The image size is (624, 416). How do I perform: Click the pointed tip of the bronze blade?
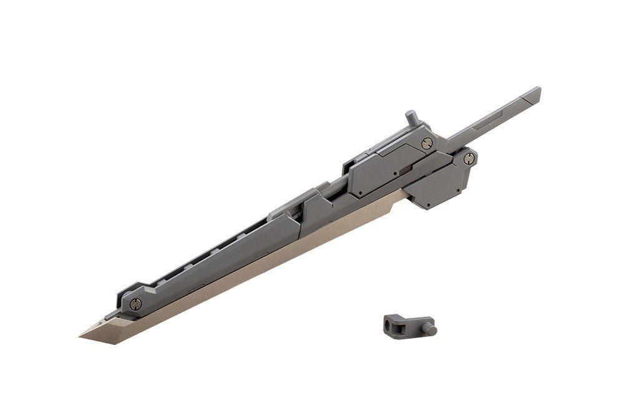pyautogui.click(x=80, y=336)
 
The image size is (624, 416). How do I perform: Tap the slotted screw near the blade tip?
pyautogui.click(x=135, y=304)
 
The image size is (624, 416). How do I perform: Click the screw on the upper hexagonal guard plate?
pyautogui.click(x=427, y=143)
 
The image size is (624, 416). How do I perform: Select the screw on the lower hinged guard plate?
pyautogui.click(x=469, y=158)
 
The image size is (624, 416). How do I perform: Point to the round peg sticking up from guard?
pyautogui.click(x=411, y=117)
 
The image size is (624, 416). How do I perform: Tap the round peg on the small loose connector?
pyautogui.click(x=431, y=329)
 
